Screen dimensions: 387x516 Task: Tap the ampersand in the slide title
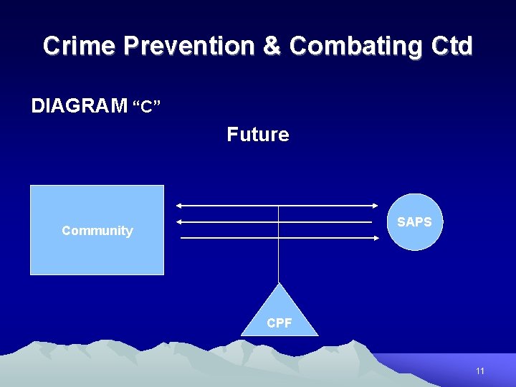pos(272,46)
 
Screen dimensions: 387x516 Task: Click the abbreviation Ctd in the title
pos(452,46)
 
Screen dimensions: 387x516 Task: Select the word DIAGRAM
pos(79,106)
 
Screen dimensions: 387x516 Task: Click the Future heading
pos(258,135)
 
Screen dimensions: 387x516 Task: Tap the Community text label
pos(97,231)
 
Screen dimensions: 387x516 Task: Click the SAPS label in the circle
pos(414,222)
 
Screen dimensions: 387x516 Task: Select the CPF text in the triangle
pos(279,323)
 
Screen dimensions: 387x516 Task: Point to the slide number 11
pos(480,371)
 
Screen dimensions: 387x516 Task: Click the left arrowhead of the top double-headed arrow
pos(179,206)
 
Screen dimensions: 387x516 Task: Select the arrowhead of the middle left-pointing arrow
pos(180,222)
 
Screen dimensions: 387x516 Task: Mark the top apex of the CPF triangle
pos(279,283)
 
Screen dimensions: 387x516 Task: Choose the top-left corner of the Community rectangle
pos(31,186)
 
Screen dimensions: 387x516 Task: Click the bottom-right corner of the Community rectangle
pos(163,274)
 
